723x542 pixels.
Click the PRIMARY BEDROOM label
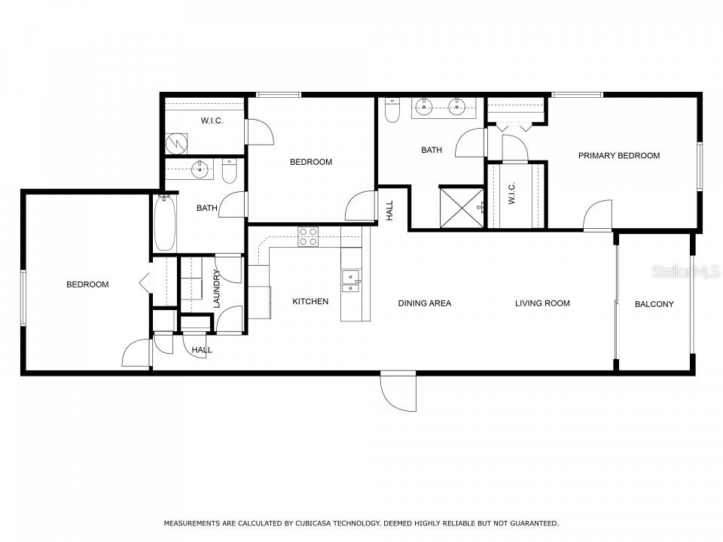click(619, 156)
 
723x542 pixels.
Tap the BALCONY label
click(654, 304)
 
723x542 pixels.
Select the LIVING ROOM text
click(542, 303)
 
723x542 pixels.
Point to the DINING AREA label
click(425, 303)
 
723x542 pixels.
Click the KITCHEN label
click(310, 301)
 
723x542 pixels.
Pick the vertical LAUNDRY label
click(217, 288)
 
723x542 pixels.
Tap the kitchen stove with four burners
click(308, 237)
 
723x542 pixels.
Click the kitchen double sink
click(350, 282)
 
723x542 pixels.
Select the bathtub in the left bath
click(165, 224)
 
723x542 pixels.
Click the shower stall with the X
click(462, 208)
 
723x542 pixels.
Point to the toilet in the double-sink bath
click(392, 111)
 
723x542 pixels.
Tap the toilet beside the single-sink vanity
click(229, 171)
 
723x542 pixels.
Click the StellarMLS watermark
click(685, 272)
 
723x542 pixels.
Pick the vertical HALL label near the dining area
click(389, 210)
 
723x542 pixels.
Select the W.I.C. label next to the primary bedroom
click(512, 193)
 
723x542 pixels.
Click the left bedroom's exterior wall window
click(23, 298)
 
